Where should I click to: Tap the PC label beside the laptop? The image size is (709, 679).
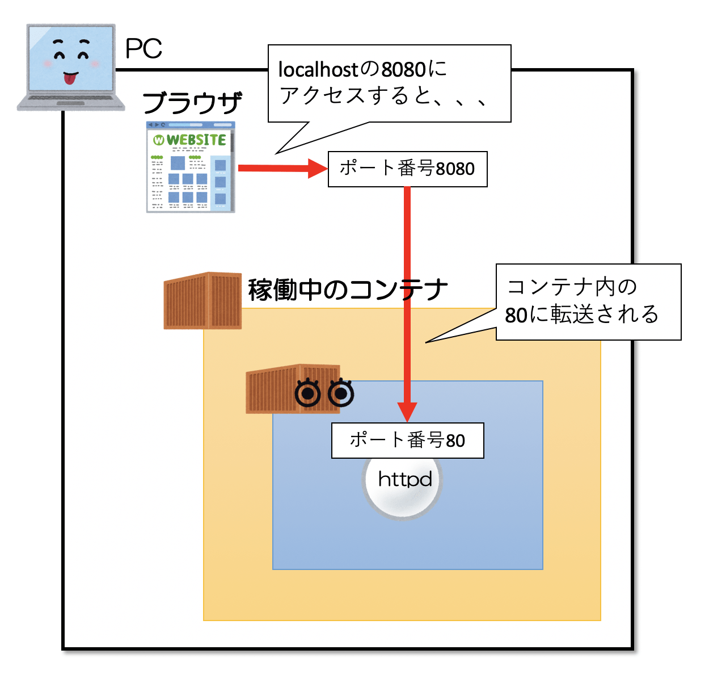click(144, 49)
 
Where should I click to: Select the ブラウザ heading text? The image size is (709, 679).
click(192, 103)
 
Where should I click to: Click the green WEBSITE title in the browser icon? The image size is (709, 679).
click(196, 140)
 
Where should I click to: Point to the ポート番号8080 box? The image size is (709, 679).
click(407, 169)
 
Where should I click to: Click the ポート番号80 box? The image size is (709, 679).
click(407, 441)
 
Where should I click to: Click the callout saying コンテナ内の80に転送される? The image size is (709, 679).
click(588, 301)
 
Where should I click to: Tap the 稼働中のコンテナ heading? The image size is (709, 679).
click(347, 290)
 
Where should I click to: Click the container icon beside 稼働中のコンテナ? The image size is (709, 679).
click(202, 301)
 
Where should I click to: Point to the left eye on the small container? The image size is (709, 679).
click(309, 393)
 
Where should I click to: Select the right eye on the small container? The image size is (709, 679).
click(341, 393)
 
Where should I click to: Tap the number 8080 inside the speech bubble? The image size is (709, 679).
click(403, 70)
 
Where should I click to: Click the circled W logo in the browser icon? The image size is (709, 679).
click(159, 140)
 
